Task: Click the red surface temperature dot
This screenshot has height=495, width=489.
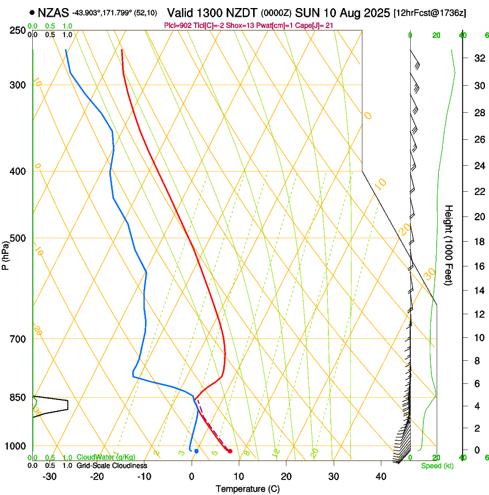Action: coord(230,451)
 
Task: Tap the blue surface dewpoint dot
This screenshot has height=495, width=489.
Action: coord(196,451)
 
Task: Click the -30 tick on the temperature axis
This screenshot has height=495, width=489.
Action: coord(49,477)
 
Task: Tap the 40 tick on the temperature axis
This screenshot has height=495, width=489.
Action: coord(380,477)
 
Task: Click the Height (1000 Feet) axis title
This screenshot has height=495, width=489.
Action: coord(449,245)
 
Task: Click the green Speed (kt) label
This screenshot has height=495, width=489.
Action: coord(437,466)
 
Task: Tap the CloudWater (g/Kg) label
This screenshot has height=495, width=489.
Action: coord(106,458)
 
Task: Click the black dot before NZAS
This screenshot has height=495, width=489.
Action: coord(32,12)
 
